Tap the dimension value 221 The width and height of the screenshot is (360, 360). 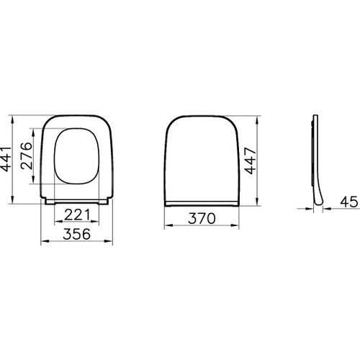pyautogui.click(x=77, y=214)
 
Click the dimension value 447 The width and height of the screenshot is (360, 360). pyautogui.click(x=248, y=157)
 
